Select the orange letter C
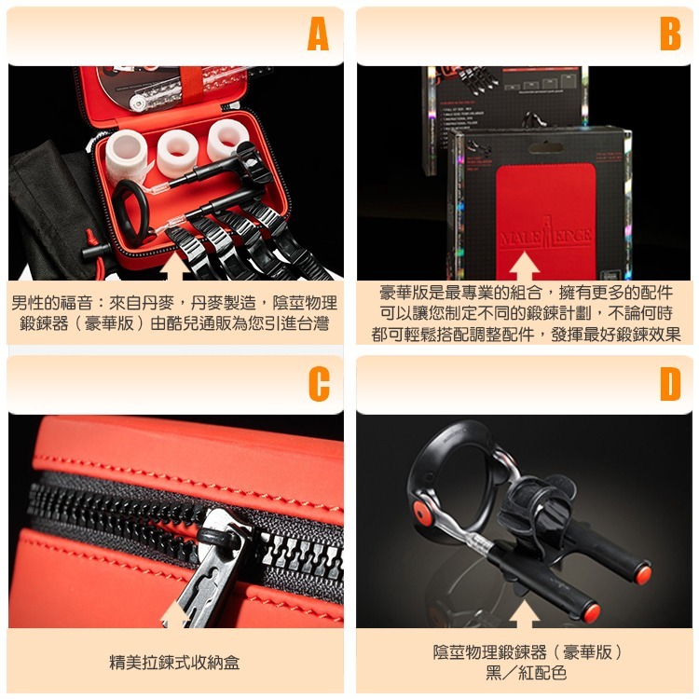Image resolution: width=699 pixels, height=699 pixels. click(x=318, y=383)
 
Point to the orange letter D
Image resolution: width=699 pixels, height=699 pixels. click(x=669, y=383)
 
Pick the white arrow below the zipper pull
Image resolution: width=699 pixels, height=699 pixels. click(x=173, y=612)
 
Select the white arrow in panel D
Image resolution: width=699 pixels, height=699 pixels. click(x=525, y=612)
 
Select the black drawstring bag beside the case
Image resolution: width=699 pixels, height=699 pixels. click(x=47, y=205)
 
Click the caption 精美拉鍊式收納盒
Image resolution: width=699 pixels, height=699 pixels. click(x=174, y=663)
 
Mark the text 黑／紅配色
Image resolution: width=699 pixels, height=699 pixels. click(x=525, y=672)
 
